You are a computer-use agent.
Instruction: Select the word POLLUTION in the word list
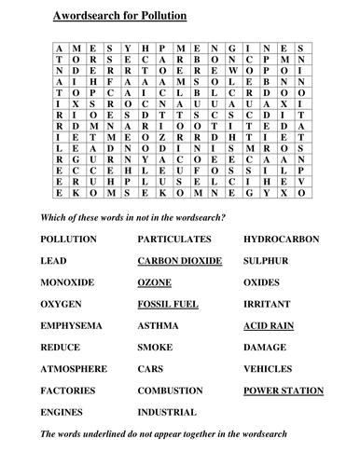pyautogui.click(x=68, y=240)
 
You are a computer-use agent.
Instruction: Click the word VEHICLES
pyautogui.click(x=268, y=368)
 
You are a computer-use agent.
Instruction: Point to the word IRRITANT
pyautogui.click(x=266, y=304)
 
